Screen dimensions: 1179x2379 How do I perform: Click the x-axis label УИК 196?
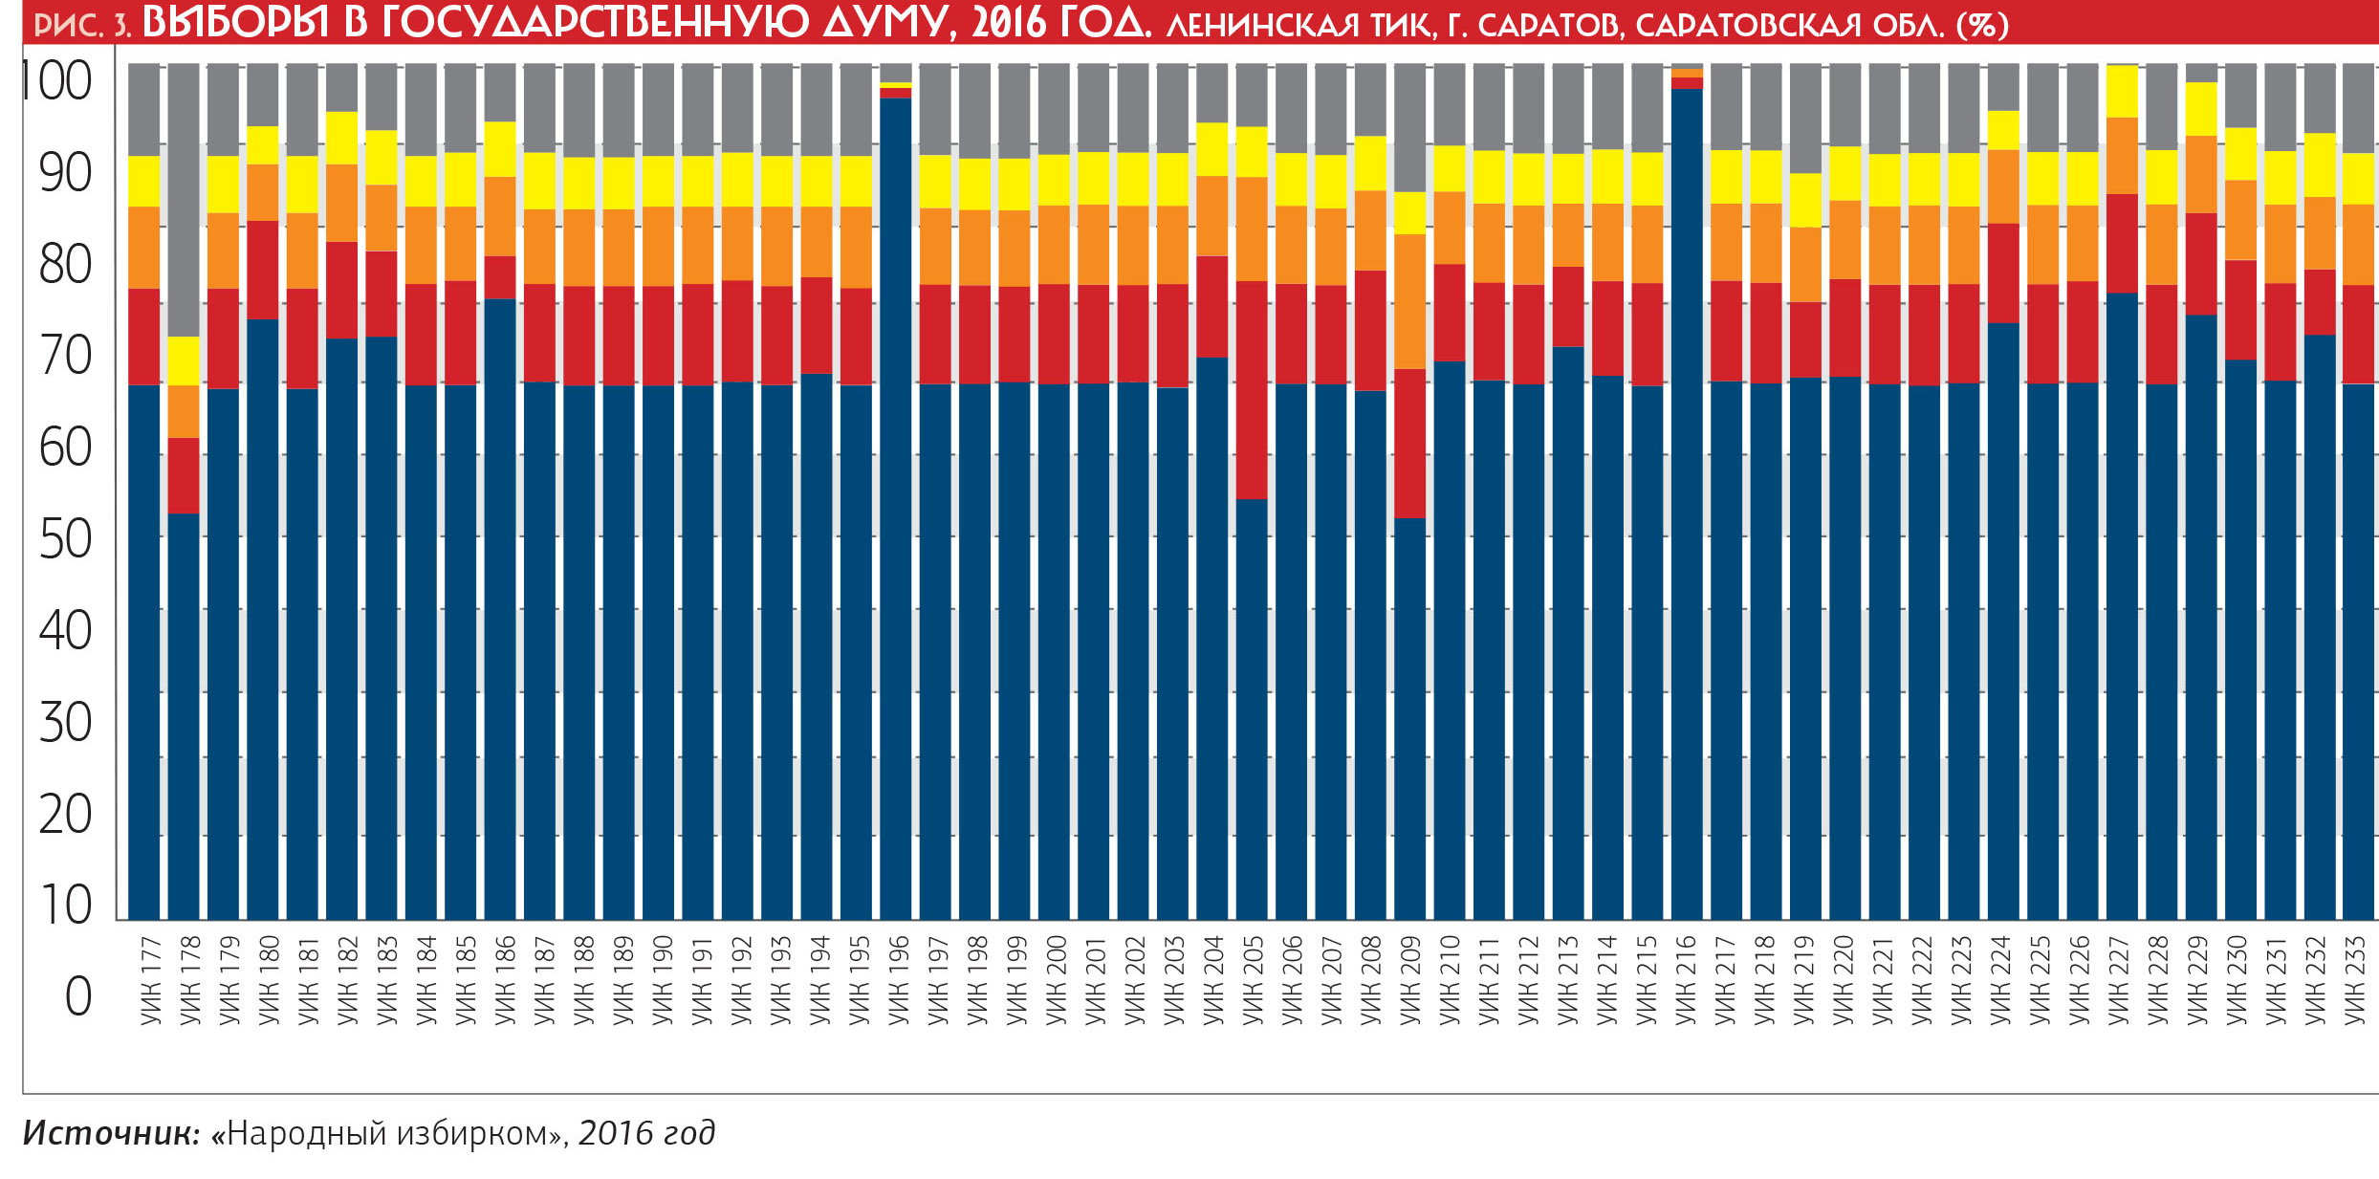click(898, 980)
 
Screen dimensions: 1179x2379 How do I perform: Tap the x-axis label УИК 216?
click(1686, 980)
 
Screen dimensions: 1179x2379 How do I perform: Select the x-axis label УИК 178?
click(189, 980)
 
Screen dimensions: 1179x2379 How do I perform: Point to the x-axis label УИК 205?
click(1253, 980)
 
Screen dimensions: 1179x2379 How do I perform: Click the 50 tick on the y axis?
click(65, 540)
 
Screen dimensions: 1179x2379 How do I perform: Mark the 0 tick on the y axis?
click(77, 996)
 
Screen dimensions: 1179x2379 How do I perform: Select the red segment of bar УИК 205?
click(1252, 389)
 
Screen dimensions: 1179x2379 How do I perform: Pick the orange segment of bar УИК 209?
click(1409, 301)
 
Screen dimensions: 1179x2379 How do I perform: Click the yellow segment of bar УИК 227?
click(2122, 91)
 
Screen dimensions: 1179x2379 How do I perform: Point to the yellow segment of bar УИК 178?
click(184, 360)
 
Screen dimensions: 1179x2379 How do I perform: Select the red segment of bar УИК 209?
click(1409, 443)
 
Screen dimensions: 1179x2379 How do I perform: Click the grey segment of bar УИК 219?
click(1805, 118)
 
